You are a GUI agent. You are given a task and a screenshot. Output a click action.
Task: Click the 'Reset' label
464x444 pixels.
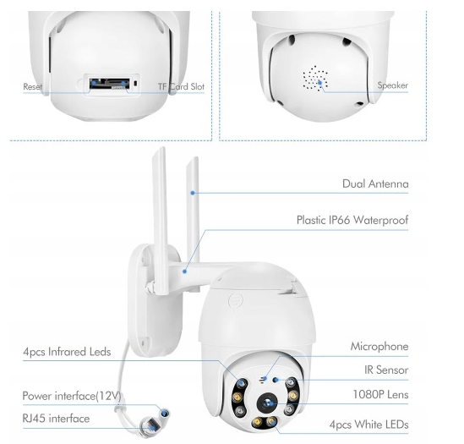pos(33,87)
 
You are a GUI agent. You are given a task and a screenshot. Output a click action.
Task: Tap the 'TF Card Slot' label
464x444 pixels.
pos(181,86)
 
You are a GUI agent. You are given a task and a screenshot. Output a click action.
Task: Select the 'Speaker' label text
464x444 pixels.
pos(393,85)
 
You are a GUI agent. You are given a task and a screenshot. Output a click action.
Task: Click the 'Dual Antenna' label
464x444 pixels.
pos(375,184)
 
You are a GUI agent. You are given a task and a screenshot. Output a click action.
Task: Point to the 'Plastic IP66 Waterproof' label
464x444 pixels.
pos(352,221)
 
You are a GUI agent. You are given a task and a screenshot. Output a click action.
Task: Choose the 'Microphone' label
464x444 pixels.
pos(379,347)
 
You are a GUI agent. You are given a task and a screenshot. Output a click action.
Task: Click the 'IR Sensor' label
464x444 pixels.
pos(386,370)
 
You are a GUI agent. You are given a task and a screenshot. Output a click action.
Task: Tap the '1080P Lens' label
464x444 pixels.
pos(380,395)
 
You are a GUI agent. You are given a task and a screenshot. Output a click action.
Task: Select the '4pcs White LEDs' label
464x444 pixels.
pos(369,425)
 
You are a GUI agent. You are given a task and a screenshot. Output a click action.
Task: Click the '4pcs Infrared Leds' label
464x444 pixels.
pos(67,352)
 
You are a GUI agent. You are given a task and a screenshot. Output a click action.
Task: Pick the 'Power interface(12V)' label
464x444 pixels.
pos(72,396)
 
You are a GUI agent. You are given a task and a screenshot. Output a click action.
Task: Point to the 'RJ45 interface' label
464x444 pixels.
pos(56,419)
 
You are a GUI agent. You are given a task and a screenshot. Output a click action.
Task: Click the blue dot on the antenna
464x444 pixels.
pos(193,193)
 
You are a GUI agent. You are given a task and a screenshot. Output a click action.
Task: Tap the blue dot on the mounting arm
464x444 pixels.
pos(184,271)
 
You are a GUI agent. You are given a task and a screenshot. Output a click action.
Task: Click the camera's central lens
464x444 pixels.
pos(267,403)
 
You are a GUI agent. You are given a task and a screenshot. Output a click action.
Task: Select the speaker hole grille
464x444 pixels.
pos(315,78)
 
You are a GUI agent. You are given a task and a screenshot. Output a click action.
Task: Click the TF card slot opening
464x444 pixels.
pos(110,84)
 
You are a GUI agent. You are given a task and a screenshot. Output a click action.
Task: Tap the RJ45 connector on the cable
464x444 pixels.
pos(151,426)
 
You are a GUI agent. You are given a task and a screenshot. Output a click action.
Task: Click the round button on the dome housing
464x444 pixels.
pos(236,300)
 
